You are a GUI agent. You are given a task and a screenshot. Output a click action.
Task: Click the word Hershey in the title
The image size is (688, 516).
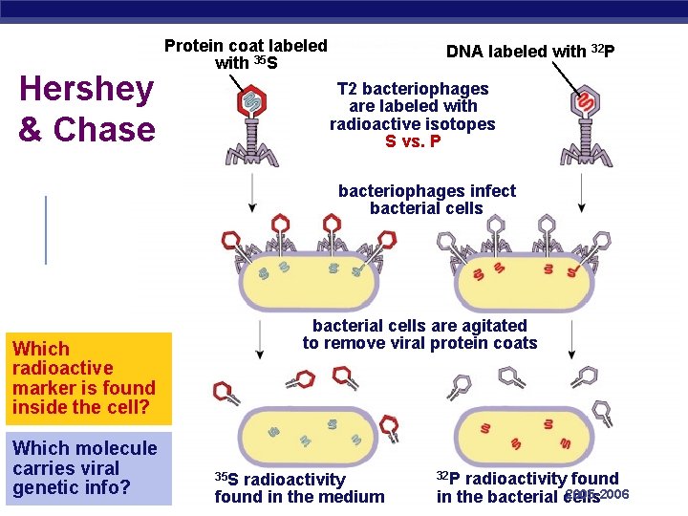point(86,90)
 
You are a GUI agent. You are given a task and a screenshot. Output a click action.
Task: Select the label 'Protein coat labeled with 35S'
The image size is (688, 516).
point(246,54)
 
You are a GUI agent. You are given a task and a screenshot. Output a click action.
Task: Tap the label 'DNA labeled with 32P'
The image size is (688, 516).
point(530,52)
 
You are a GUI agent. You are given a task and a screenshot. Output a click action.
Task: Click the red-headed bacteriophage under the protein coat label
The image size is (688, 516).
point(251,124)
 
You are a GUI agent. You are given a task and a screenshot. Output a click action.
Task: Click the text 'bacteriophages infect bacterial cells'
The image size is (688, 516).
point(426,200)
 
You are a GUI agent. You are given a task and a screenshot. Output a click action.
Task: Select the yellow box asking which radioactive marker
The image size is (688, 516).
point(87,378)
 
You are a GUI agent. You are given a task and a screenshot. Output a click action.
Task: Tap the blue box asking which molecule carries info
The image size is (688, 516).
point(87,468)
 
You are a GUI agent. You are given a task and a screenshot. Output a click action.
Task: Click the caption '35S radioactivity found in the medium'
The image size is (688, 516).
point(299,487)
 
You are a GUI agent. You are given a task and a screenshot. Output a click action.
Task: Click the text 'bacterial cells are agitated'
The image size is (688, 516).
point(419,326)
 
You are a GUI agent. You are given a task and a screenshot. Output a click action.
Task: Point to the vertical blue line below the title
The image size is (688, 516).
point(46,229)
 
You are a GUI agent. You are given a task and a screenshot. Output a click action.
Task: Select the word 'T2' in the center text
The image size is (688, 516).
point(349,89)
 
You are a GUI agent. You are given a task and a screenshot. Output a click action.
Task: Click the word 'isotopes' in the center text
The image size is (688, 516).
point(462,124)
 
